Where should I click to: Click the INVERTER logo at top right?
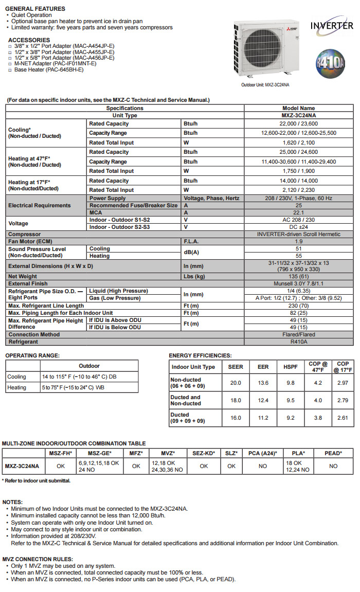332,25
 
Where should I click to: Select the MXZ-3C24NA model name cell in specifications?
298,116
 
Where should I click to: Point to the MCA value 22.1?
298,212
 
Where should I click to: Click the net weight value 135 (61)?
298,276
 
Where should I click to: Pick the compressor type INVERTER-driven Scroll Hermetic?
298,234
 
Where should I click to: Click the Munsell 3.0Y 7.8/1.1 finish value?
298,283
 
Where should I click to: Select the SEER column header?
236,367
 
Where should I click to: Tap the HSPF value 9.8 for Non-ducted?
290,382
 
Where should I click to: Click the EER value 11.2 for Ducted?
263,418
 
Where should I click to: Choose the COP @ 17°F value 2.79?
343,400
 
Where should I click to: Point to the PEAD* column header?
333,453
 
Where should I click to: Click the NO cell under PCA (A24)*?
263,466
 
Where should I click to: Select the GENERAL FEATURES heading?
35,9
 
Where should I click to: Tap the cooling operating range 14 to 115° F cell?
79,376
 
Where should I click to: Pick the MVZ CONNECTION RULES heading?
38,559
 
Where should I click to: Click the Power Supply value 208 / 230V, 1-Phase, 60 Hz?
298,198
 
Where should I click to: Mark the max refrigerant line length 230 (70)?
298,306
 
